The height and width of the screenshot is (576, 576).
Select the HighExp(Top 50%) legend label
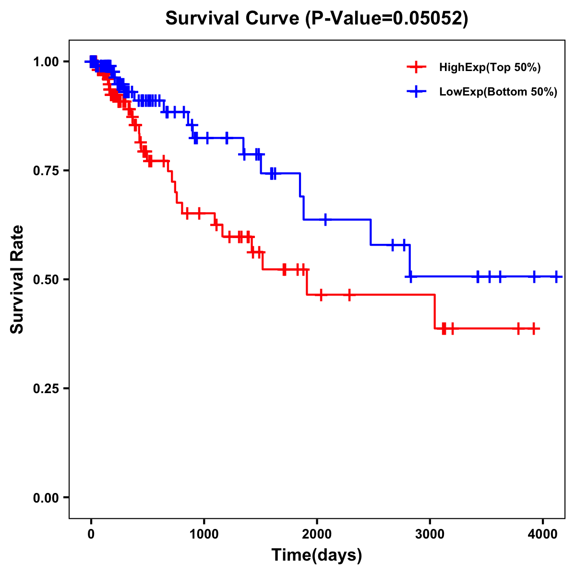point(490,68)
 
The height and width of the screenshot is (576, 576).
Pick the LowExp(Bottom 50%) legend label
point(498,92)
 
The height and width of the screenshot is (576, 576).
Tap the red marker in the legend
point(416,67)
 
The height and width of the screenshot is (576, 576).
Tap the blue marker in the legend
point(416,92)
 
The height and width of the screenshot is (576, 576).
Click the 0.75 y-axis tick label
point(45,170)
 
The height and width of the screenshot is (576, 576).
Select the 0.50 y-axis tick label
point(45,279)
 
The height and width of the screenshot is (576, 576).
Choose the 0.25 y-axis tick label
point(45,388)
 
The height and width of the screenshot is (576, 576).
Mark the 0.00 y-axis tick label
point(45,497)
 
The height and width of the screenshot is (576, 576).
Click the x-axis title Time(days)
point(317,555)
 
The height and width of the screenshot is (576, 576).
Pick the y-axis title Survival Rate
point(17,279)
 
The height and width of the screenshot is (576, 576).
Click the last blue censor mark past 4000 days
point(556,276)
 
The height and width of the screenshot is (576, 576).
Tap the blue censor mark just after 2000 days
point(325,219)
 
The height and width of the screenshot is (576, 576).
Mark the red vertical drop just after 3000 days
point(434,312)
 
